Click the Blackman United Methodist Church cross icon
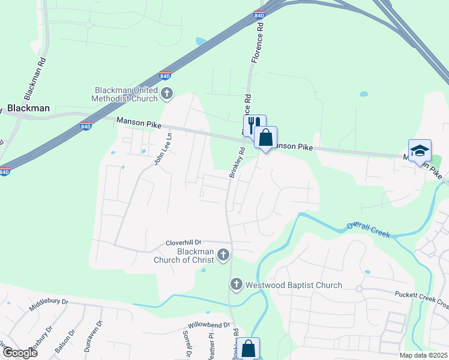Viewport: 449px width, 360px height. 167,94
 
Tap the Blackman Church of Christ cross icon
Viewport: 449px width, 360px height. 223,255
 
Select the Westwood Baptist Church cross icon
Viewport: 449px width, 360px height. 237,284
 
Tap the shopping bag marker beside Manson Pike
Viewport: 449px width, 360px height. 265,137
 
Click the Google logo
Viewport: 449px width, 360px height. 19,353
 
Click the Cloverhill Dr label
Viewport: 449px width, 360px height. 186,244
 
